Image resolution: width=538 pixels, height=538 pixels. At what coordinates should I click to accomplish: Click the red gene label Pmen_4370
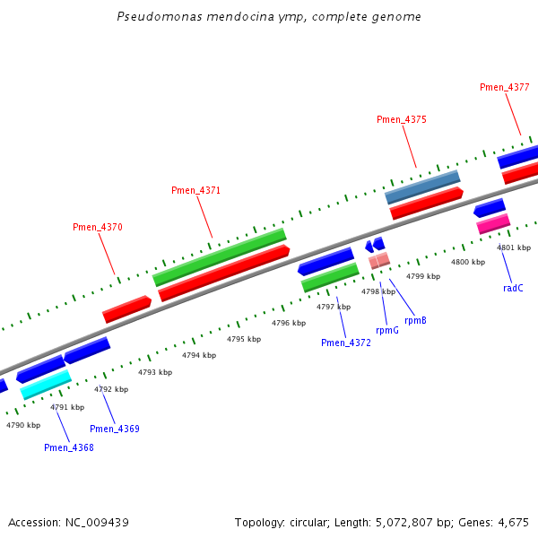pos(97,228)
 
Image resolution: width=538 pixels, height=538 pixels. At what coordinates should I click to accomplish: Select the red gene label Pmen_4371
pos(195,191)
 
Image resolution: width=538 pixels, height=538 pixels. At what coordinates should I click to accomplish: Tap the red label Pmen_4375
pos(401,120)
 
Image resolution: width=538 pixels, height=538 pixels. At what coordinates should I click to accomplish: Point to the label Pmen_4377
pos(504,88)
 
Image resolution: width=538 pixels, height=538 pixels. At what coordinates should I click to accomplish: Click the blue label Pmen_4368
pos(68,447)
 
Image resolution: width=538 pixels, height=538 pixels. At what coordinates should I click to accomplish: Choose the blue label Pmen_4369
pos(115,429)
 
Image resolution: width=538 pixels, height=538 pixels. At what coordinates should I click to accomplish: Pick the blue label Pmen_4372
pos(346,343)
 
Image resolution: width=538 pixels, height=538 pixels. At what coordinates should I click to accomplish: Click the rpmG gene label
pos(387,330)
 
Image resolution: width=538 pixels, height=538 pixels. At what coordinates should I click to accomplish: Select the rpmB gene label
pos(415,320)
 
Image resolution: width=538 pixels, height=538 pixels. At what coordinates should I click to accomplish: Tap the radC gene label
pos(513,288)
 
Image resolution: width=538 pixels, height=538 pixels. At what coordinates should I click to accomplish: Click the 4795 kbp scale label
pos(244,340)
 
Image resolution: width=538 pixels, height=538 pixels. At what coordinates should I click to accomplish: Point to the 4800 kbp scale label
pos(467,262)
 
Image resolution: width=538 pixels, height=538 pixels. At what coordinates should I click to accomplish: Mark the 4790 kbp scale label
pos(23,425)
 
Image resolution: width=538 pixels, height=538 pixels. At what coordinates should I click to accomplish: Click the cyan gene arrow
pos(46,384)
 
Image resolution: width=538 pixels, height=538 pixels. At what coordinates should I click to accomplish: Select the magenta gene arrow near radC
pos(493,223)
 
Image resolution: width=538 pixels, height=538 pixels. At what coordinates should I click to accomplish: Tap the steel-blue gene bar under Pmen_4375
pos(421,187)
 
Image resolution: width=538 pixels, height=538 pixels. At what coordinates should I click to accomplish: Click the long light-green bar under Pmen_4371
pos(220,256)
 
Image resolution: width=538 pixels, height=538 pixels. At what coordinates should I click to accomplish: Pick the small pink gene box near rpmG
pos(379,261)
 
